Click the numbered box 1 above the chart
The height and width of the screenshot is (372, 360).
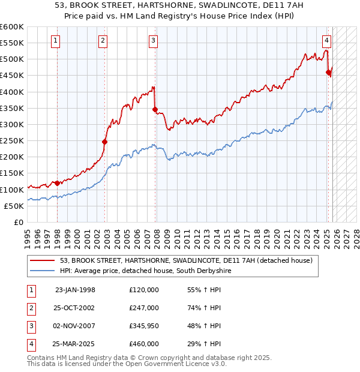(55, 41)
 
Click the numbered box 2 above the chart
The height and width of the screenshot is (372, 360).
(103, 41)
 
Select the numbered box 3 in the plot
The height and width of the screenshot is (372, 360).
(153, 41)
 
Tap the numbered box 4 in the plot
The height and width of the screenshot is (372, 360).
(326, 41)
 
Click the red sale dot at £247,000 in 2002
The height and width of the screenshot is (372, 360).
(104, 142)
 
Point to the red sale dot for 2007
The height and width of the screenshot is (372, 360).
(155, 110)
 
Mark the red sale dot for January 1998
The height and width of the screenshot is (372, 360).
(57, 183)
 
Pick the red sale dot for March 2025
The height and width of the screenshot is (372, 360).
(328, 73)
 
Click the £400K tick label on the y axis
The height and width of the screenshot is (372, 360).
(11, 92)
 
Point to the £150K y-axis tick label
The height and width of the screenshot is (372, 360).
(11, 173)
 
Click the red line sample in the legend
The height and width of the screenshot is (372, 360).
(43, 261)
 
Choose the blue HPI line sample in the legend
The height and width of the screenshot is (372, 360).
(43, 271)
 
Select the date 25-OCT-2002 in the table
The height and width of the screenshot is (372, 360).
(75, 308)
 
